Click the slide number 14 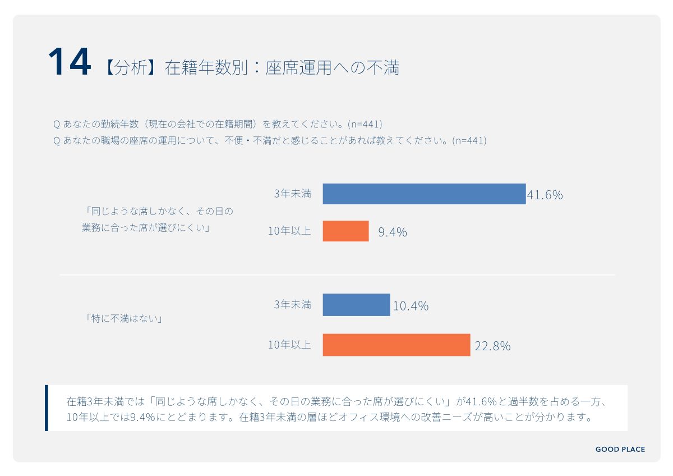pyautogui.click(x=69, y=62)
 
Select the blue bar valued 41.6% pyautogui.click(x=424, y=194)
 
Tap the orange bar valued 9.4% pyautogui.click(x=345, y=231)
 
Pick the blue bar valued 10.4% pyautogui.click(x=356, y=305)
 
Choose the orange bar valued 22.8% pyautogui.click(x=396, y=345)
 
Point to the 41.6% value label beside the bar pyautogui.click(x=545, y=195)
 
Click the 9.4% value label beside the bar pyautogui.click(x=392, y=232)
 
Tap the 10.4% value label pyautogui.click(x=411, y=306)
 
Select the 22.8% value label pyautogui.click(x=492, y=346)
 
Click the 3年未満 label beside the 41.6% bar pyautogui.click(x=292, y=194)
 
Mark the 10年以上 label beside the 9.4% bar pyautogui.click(x=289, y=231)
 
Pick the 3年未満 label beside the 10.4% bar pyautogui.click(x=292, y=304)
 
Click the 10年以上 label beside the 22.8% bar pyautogui.click(x=289, y=345)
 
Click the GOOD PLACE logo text pyautogui.click(x=620, y=449)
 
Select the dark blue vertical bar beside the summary pyautogui.click(x=47, y=408)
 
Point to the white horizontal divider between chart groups pyautogui.click(x=336, y=274)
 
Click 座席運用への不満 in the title pyautogui.click(x=332, y=67)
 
